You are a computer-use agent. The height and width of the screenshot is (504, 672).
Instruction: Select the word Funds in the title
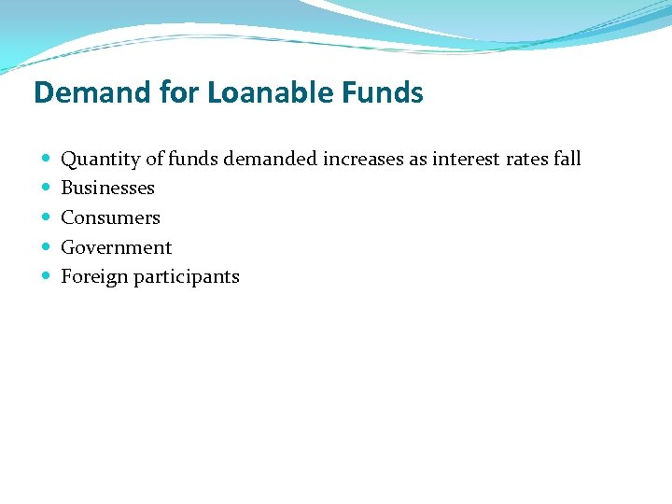tap(381, 92)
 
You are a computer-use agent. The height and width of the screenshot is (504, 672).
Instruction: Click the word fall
tap(567, 159)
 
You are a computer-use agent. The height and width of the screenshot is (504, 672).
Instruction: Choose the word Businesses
tap(107, 188)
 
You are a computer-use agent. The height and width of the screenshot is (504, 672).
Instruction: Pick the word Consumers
tap(110, 217)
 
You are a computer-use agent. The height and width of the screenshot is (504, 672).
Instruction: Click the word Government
tap(117, 247)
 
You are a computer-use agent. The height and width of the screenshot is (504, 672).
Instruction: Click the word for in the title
tap(175, 92)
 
